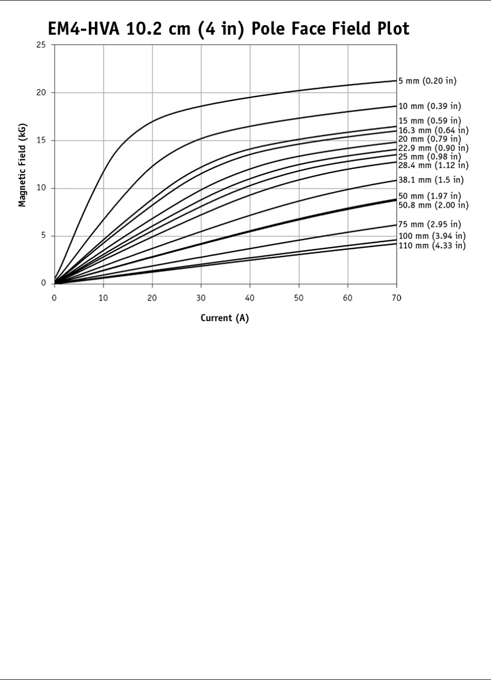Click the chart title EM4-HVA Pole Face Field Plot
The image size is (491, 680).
(228, 29)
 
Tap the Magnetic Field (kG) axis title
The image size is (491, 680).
(22, 165)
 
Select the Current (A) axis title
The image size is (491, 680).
(224, 318)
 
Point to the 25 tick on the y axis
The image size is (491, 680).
(41, 45)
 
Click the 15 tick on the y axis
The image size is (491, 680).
(41, 141)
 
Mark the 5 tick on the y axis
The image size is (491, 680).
(43, 236)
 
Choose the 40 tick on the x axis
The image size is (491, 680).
(250, 298)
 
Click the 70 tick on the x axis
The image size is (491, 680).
(396, 298)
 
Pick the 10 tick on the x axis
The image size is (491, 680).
(103, 298)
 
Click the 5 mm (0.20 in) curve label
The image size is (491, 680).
(427, 81)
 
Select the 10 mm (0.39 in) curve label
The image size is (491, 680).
(429, 106)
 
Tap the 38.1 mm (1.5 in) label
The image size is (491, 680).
(431, 180)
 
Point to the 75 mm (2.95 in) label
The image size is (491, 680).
(429, 224)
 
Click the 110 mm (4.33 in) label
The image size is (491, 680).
(432, 246)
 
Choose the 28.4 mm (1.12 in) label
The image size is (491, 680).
(433, 165)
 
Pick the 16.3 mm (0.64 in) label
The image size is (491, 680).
(433, 130)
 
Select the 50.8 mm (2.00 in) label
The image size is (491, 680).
(433, 205)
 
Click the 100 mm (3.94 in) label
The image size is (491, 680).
(432, 236)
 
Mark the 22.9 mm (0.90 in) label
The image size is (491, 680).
(433, 148)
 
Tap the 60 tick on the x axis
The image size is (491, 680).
(347, 298)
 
